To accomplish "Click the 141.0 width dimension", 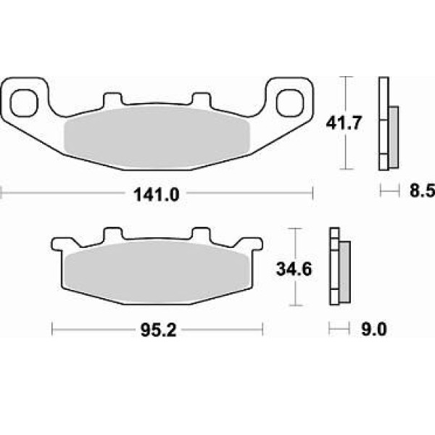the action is [x=157, y=194].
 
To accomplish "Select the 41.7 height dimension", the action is [x=344, y=123].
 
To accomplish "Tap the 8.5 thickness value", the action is [x=422, y=191].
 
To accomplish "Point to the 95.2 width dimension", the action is [x=158, y=330].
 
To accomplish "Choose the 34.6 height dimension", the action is [x=294, y=269].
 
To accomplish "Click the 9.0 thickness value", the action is [x=374, y=330].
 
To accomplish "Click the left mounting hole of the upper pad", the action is [x=24, y=103].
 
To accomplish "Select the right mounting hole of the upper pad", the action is [x=290, y=103].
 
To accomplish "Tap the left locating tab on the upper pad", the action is [x=112, y=100].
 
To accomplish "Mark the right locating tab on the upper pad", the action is [x=202, y=100].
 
